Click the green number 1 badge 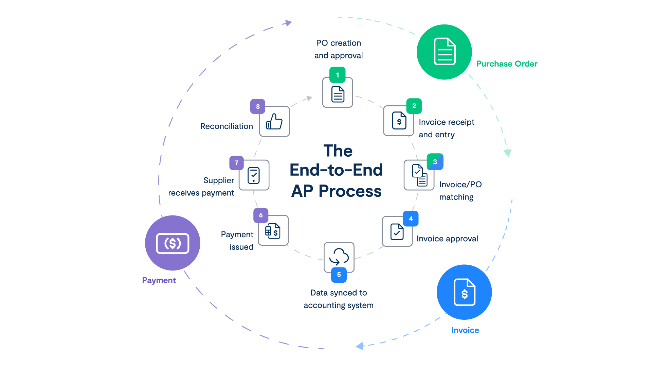(x=337, y=75)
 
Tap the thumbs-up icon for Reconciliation (x=274, y=121)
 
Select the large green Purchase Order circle (x=444, y=52)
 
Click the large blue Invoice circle (x=464, y=292)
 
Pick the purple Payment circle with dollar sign (x=173, y=243)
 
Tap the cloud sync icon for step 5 (x=339, y=257)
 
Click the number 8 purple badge (x=258, y=106)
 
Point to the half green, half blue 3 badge (x=435, y=162)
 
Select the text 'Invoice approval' (x=447, y=239)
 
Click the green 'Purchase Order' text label (x=507, y=64)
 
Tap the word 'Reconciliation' (x=226, y=126)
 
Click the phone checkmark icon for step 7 (x=254, y=175)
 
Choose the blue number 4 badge (x=411, y=219)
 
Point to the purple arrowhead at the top (x=288, y=23)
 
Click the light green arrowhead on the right (x=507, y=153)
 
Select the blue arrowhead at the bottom (x=360, y=346)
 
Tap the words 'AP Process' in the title (x=336, y=191)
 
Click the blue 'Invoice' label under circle (x=465, y=330)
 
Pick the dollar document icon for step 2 (x=399, y=121)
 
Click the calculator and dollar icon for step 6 (x=273, y=231)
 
